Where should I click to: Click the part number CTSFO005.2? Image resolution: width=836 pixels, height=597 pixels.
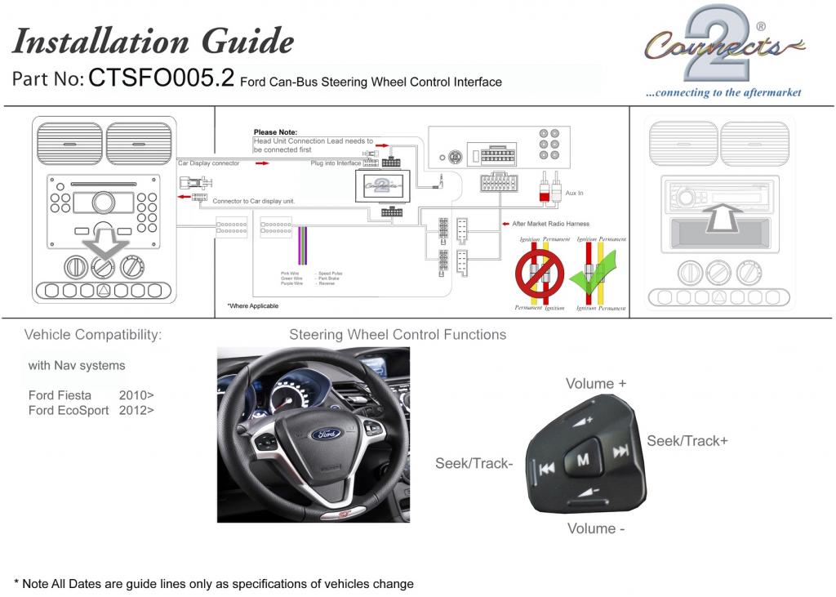tap(161, 78)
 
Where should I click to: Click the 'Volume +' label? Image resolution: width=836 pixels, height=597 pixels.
tap(597, 384)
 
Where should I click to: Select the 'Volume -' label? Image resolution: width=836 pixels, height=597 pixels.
tap(597, 528)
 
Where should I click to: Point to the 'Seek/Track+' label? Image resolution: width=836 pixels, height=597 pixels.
tap(687, 441)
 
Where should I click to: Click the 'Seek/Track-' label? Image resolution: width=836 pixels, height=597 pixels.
tap(474, 463)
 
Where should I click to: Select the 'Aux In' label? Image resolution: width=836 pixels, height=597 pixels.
tap(575, 193)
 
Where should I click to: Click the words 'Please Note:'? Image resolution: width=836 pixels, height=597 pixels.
tap(275, 132)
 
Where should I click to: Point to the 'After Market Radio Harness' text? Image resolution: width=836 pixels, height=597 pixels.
tap(550, 224)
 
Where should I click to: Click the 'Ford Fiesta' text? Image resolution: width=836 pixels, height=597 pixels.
tap(60, 395)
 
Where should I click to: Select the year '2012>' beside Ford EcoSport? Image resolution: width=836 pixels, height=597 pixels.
tap(136, 411)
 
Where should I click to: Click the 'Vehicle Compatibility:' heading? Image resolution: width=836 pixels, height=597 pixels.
tap(93, 335)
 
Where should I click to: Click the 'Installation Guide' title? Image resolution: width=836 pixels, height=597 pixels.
tap(153, 41)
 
